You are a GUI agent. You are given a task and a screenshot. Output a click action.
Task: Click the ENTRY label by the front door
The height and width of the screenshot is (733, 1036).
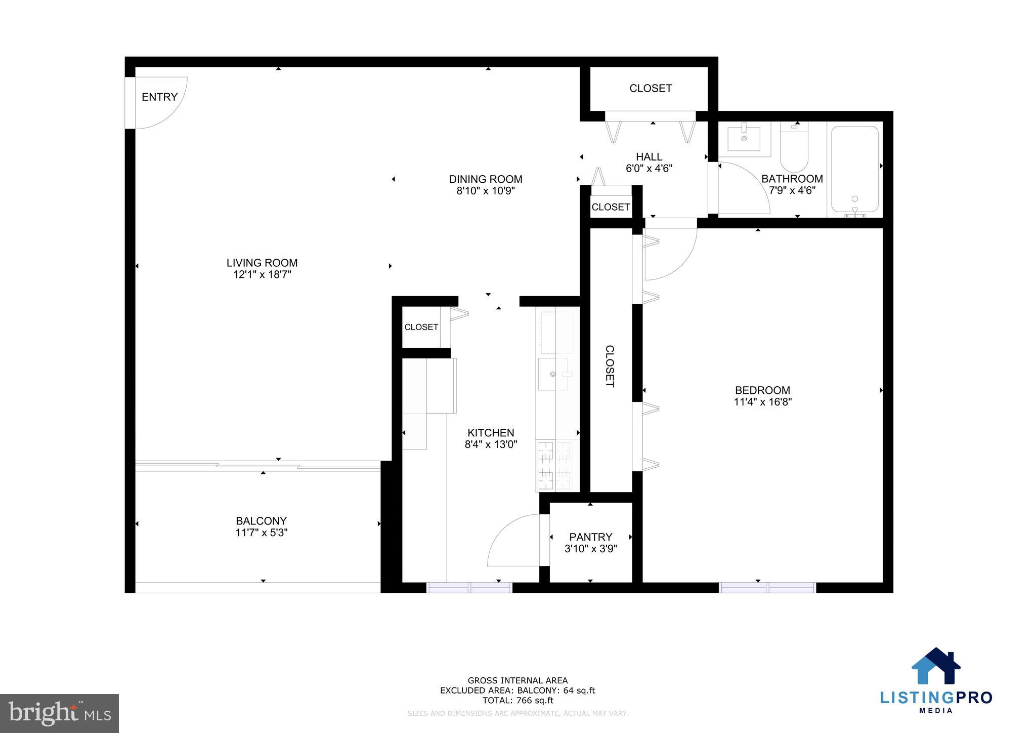point(159,97)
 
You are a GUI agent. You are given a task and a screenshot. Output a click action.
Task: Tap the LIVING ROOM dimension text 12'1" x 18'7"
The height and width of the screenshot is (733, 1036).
point(262,275)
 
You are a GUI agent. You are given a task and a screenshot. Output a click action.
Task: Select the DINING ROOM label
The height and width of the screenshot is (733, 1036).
point(485,179)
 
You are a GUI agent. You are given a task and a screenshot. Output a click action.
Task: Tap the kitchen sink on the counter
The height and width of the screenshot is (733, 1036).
point(552,374)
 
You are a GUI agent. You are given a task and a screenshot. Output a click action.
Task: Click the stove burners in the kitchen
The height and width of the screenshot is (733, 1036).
point(554,465)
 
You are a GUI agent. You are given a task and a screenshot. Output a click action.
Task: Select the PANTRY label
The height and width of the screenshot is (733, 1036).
point(590,537)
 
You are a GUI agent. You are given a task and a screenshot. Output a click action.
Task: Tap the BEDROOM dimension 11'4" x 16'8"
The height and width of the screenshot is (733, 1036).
point(762,402)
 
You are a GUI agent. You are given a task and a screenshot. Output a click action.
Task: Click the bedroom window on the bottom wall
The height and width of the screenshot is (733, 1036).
point(767,588)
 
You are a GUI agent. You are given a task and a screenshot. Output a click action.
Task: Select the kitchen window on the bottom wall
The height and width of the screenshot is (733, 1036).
point(469,588)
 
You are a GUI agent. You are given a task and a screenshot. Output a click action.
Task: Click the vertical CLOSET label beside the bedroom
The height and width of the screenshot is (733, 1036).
point(610,366)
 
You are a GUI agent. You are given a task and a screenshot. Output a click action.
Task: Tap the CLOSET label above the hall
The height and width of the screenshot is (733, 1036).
point(651,89)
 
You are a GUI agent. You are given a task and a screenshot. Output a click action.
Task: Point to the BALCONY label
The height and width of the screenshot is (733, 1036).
point(261,521)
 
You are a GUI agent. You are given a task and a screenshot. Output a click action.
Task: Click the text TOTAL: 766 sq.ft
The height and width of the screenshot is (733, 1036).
point(517,701)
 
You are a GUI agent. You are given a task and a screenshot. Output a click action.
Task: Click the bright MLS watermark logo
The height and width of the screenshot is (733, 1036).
point(60,713)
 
